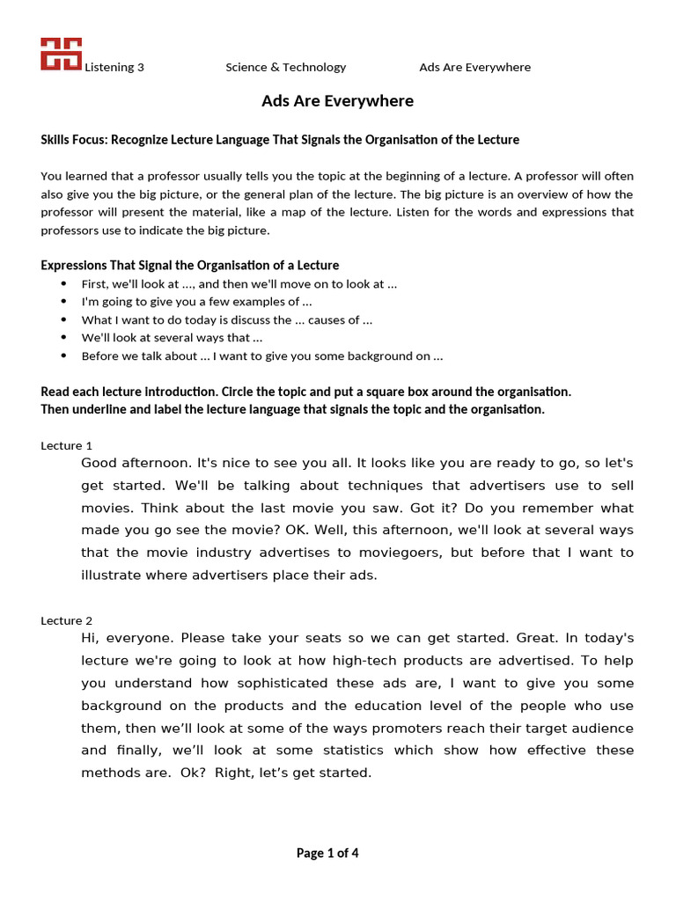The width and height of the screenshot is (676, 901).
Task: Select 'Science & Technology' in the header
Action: tap(286, 67)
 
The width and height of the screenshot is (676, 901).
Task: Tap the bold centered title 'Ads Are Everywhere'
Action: tap(337, 101)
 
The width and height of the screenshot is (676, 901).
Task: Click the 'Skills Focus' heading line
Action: tap(280, 140)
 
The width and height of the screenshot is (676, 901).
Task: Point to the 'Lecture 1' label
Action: tap(67, 445)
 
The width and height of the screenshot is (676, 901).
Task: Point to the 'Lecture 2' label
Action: tap(67, 620)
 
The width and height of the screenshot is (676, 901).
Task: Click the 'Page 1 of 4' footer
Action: tap(327, 853)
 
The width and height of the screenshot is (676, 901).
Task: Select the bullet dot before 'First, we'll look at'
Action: tap(63, 284)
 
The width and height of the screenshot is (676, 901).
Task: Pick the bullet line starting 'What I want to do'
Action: tap(226, 320)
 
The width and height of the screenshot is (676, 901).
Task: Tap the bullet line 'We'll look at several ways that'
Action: tap(172, 338)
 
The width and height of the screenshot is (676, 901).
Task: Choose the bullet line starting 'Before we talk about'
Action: tap(261, 356)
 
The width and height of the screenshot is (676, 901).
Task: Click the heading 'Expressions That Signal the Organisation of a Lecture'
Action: tap(190, 265)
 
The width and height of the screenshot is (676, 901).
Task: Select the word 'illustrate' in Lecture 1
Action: tap(114, 575)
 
